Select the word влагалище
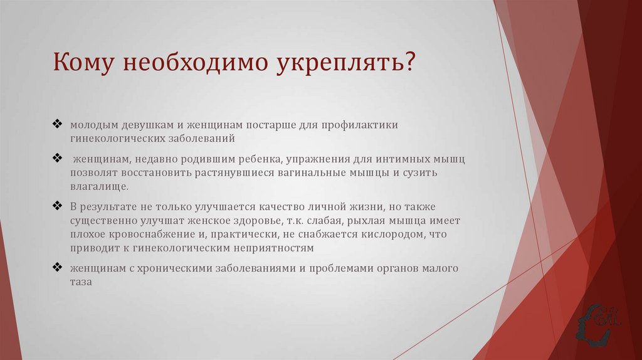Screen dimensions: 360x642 (99, 186)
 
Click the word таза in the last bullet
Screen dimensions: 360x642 (81, 282)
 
